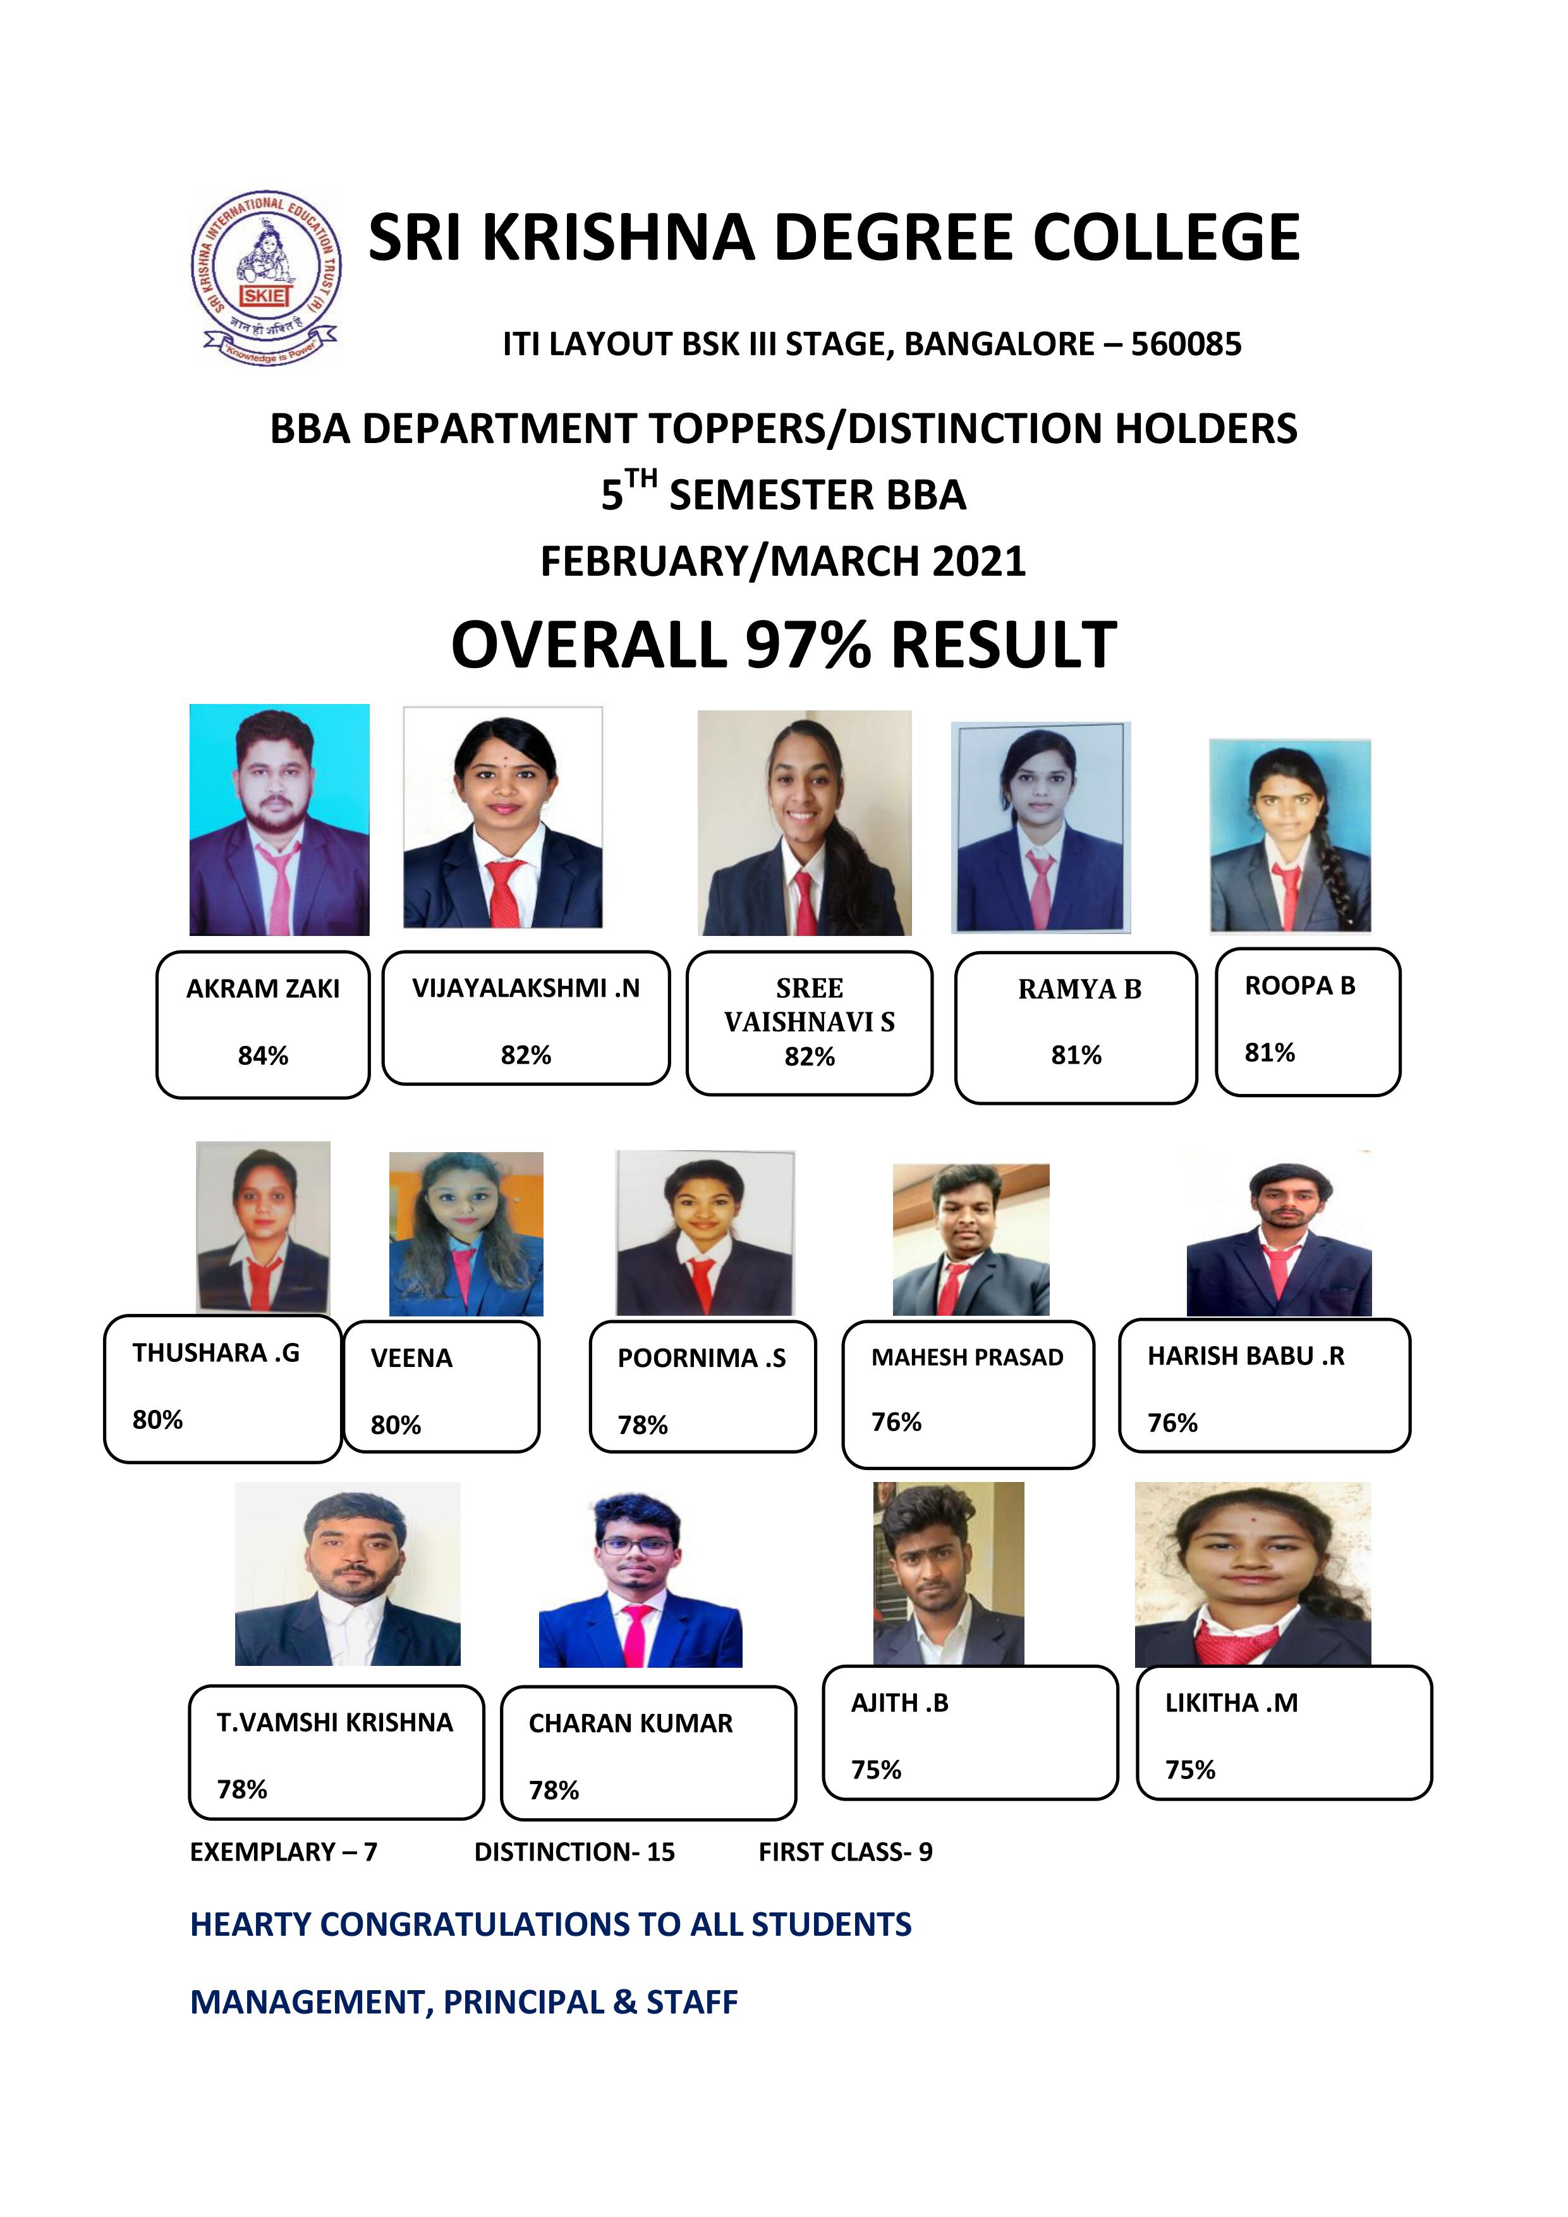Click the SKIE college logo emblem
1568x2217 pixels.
click(x=265, y=277)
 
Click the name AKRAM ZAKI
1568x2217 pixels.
click(x=263, y=989)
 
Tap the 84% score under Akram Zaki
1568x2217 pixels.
click(x=263, y=1055)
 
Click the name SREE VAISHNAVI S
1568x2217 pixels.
click(x=809, y=1005)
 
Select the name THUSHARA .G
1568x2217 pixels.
click(x=216, y=1353)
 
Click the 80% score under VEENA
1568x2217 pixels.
click(x=396, y=1425)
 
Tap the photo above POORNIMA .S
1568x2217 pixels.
click(x=705, y=1232)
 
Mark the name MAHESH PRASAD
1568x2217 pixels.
click(x=968, y=1358)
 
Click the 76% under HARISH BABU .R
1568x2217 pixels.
click(x=1172, y=1423)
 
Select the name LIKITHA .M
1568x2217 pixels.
click(x=1231, y=1703)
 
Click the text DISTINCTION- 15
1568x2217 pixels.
click(x=574, y=1852)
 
